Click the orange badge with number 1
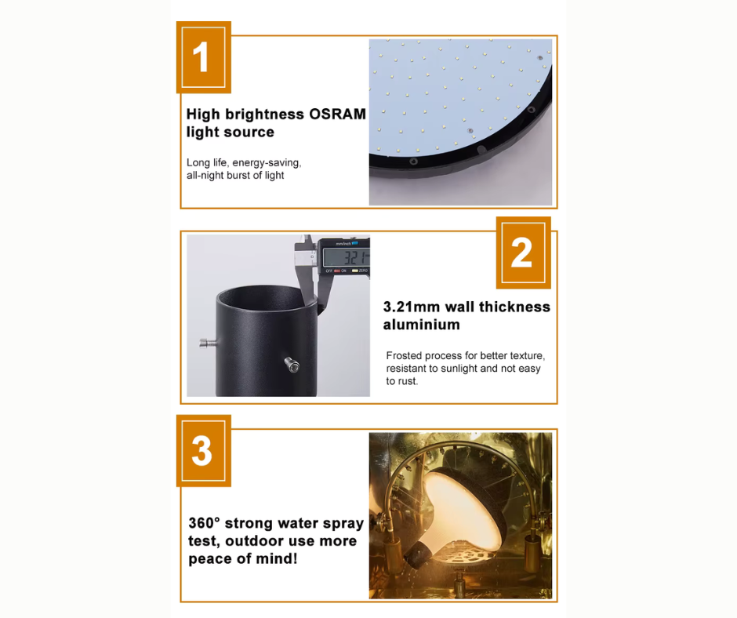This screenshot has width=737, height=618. pos(204,57)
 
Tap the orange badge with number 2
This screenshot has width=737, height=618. pos(523,253)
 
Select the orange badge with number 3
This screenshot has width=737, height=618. pos(204,451)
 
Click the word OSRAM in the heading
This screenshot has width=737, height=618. pos(337,115)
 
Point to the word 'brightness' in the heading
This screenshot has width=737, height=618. pos(265,115)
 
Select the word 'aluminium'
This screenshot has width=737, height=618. pos(422,325)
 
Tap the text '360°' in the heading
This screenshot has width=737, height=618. pos(204,523)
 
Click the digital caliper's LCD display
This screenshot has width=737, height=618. pos(347,258)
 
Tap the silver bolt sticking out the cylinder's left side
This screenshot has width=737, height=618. pos(208,343)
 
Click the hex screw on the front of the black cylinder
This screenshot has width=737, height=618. pos(292,365)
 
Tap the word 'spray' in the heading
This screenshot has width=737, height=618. pos(339,524)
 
